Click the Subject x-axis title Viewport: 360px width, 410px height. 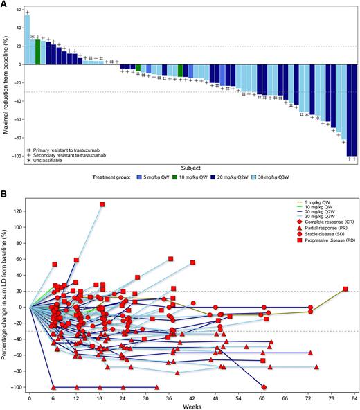[x=190, y=167]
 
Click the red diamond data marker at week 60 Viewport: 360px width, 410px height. [x=264, y=387]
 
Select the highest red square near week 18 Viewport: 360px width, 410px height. [x=102, y=204]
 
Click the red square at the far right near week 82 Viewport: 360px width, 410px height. [x=345, y=289]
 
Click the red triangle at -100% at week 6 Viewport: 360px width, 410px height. [x=54, y=387]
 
